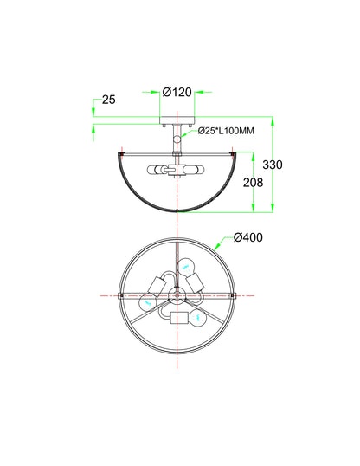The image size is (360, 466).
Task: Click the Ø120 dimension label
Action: pos(177,92)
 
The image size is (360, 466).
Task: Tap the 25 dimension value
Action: pos(109,100)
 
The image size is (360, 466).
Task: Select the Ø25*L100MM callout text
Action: pos(226,131)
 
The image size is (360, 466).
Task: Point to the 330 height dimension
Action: pos(273,165)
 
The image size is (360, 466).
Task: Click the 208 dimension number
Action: pos(253,183)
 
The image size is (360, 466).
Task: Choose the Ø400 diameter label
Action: pos(248,237)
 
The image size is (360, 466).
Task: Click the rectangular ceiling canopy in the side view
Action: pos(177,120)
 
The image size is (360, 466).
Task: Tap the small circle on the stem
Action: pos(177,139)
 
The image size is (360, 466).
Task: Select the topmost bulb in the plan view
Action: pos(186,267)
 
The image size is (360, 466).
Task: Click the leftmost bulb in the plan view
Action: pos(147,303)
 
